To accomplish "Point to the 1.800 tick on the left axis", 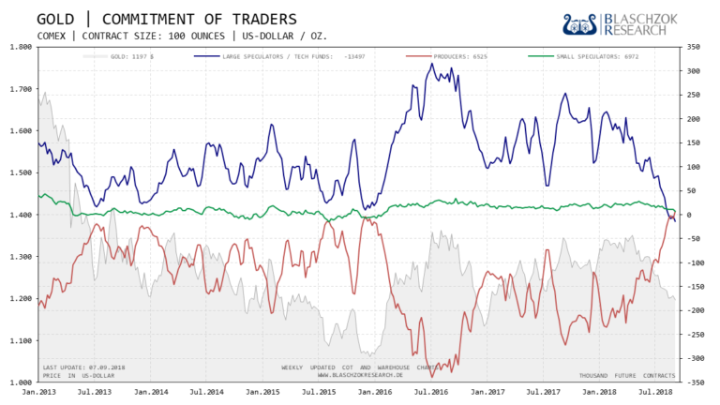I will pos(20,47).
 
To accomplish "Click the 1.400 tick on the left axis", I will pos(20,215).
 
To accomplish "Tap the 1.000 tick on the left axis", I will pos(20,382).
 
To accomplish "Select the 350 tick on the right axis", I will pos(697,47).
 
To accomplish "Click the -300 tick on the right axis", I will pos(697,358).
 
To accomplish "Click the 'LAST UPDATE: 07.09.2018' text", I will pos(83,367).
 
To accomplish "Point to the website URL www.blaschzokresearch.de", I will pos(360,375).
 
